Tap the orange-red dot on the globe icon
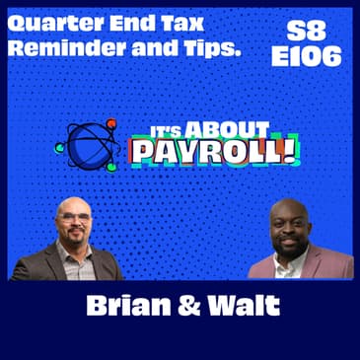pos(111,124)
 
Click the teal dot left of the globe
pos(60,148)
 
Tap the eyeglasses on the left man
pos(75,216)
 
